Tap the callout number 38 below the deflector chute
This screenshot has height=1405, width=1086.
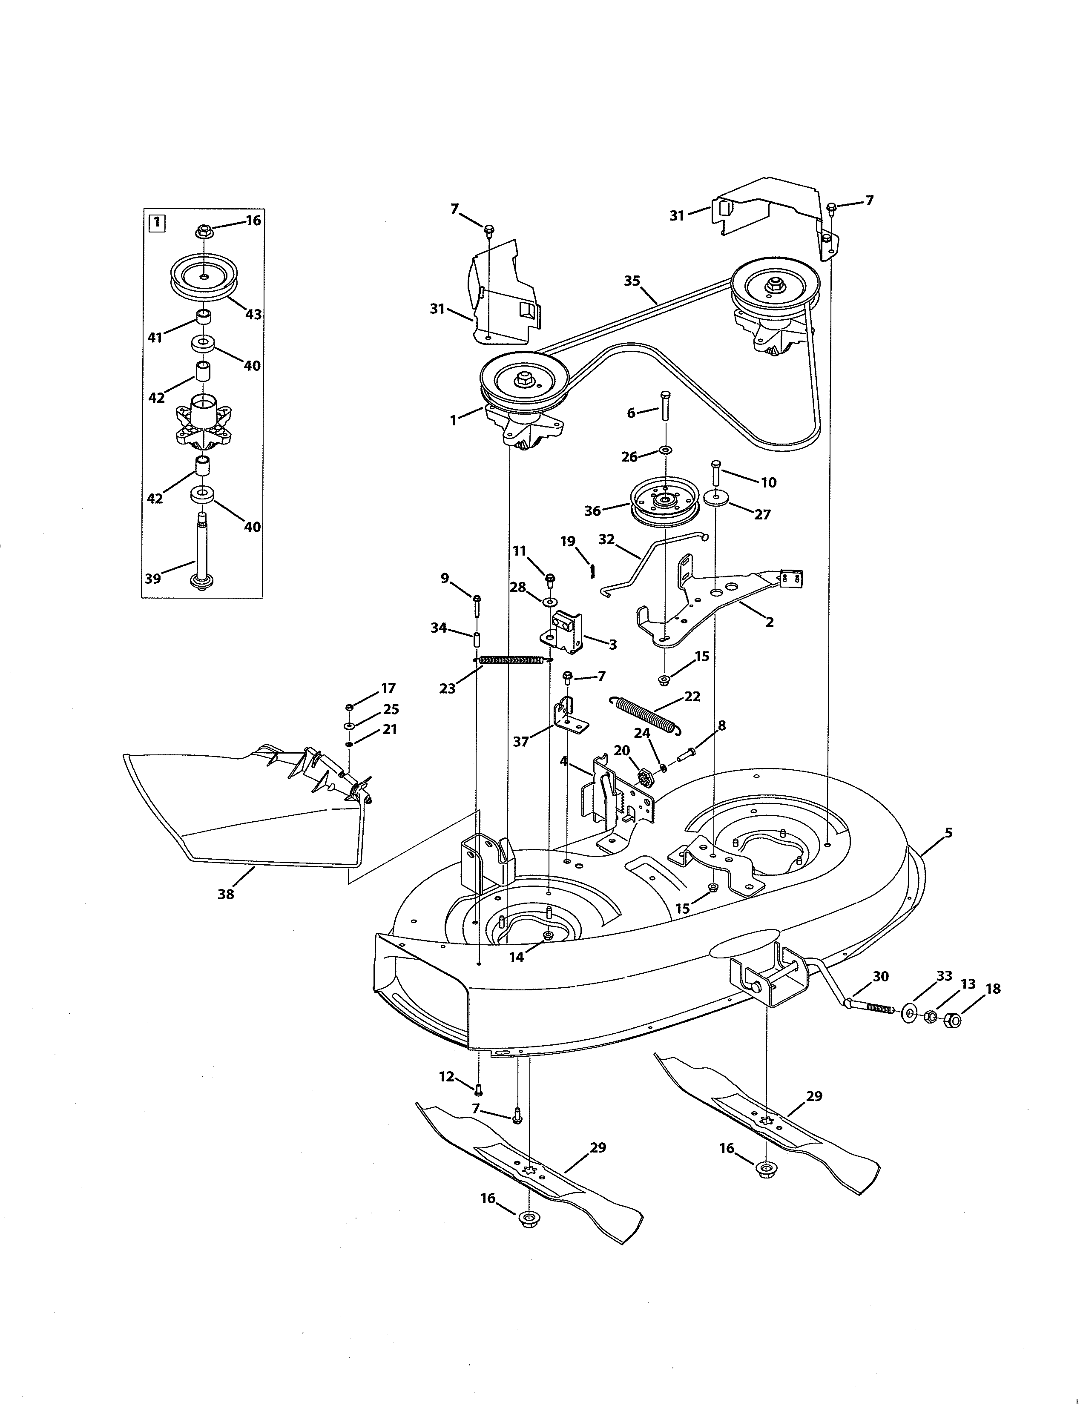(x=226, y=894)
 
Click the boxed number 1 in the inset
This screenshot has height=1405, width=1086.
(x=156, y=223)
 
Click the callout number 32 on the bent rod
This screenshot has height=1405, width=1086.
(x=606, y=539)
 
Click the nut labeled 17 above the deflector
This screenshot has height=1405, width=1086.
(x=349, y=707)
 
